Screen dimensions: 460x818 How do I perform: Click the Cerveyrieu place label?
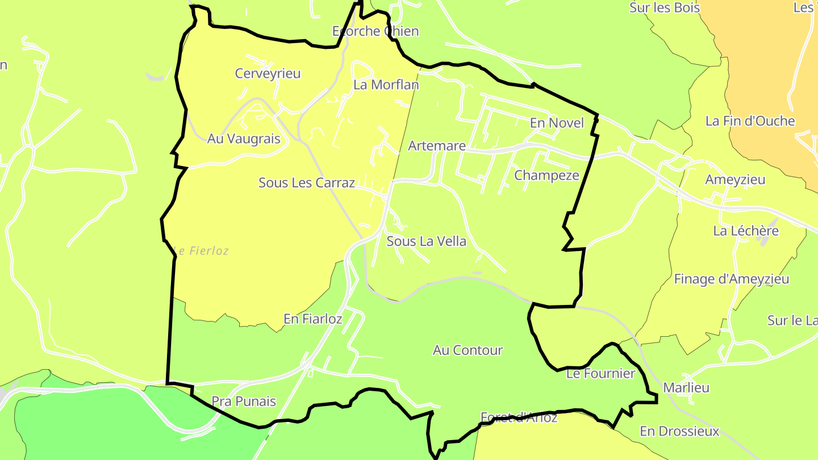[x=268, y=73]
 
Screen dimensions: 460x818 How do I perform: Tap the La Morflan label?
[x=386, y=85]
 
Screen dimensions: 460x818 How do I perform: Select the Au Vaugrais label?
[x=244, y=139]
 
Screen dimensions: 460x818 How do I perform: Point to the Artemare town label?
[x=437, y=146]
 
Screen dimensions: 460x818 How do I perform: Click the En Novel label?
[x=557, y=123]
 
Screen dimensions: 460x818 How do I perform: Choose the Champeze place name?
[x=546, y=175]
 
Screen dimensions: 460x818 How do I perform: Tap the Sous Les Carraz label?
[x=307, y=183]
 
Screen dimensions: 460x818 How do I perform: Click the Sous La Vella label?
[x=426, y=241]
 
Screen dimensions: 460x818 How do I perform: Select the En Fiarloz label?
[x=313, y=319]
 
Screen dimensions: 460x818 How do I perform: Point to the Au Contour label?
[x=468, y=350]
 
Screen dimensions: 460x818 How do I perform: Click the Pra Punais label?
[x=244, y=402]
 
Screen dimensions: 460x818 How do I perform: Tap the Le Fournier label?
[x=600, y=374]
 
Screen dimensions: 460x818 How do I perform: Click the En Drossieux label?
[x=679, y=431]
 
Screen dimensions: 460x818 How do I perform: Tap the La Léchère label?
[x=746, y=231]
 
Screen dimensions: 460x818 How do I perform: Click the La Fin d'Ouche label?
[x=750, y=121]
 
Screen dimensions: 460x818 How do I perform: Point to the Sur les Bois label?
[x=665, y=8]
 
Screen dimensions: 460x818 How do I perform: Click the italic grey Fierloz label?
[x=203, y=250]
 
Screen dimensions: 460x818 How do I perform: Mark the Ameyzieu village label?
[x=735, y=180]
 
